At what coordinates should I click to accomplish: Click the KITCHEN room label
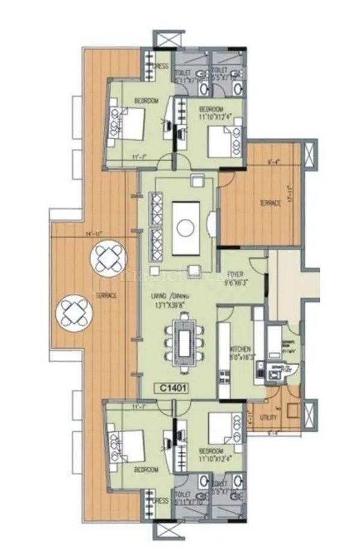(240, 349)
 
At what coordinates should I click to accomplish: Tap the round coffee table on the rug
(186, 227)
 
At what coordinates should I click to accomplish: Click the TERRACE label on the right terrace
(269, 204)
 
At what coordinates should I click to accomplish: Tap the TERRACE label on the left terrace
(106, 296)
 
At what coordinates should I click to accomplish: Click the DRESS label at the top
(161, 67)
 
